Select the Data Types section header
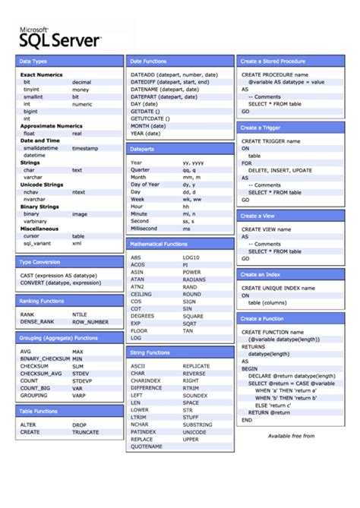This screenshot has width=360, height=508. click(33, 61)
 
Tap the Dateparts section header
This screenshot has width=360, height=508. click(142, 149)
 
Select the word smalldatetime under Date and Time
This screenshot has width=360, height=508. click(39, 148)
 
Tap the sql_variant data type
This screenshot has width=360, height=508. click(36, 243)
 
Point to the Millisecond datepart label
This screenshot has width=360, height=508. click(144, 228)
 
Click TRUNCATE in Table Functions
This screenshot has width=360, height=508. click(85, 432)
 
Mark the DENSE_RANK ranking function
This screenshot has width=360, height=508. click(37, 321)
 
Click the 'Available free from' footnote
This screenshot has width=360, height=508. click(291, 436)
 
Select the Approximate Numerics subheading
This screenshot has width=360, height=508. click(51, 125)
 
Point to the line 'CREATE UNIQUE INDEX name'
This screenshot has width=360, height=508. click(278, 288)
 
